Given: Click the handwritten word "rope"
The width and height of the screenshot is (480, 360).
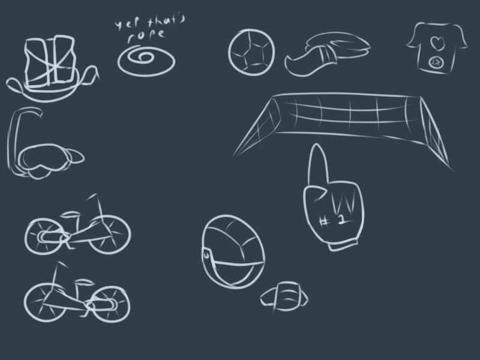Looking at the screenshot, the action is click(146, 35).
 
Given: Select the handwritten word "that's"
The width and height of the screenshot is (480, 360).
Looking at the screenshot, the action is click(167, 21).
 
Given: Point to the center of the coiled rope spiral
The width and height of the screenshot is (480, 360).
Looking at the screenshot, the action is click(145, 58).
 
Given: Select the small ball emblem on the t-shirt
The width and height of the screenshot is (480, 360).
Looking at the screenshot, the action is click(436, 63).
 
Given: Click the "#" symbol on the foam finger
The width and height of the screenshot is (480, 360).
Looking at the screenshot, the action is click(323, 221).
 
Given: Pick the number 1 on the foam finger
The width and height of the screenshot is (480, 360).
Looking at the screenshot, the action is click(341, 219).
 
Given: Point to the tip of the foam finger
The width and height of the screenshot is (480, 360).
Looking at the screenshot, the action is click(317, 145).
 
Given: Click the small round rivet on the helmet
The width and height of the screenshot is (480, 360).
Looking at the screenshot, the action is click(206, 254).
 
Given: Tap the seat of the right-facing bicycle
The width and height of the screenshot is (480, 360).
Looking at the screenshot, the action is click(70, 214).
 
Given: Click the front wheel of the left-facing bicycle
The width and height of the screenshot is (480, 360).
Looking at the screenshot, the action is click(44, 302).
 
